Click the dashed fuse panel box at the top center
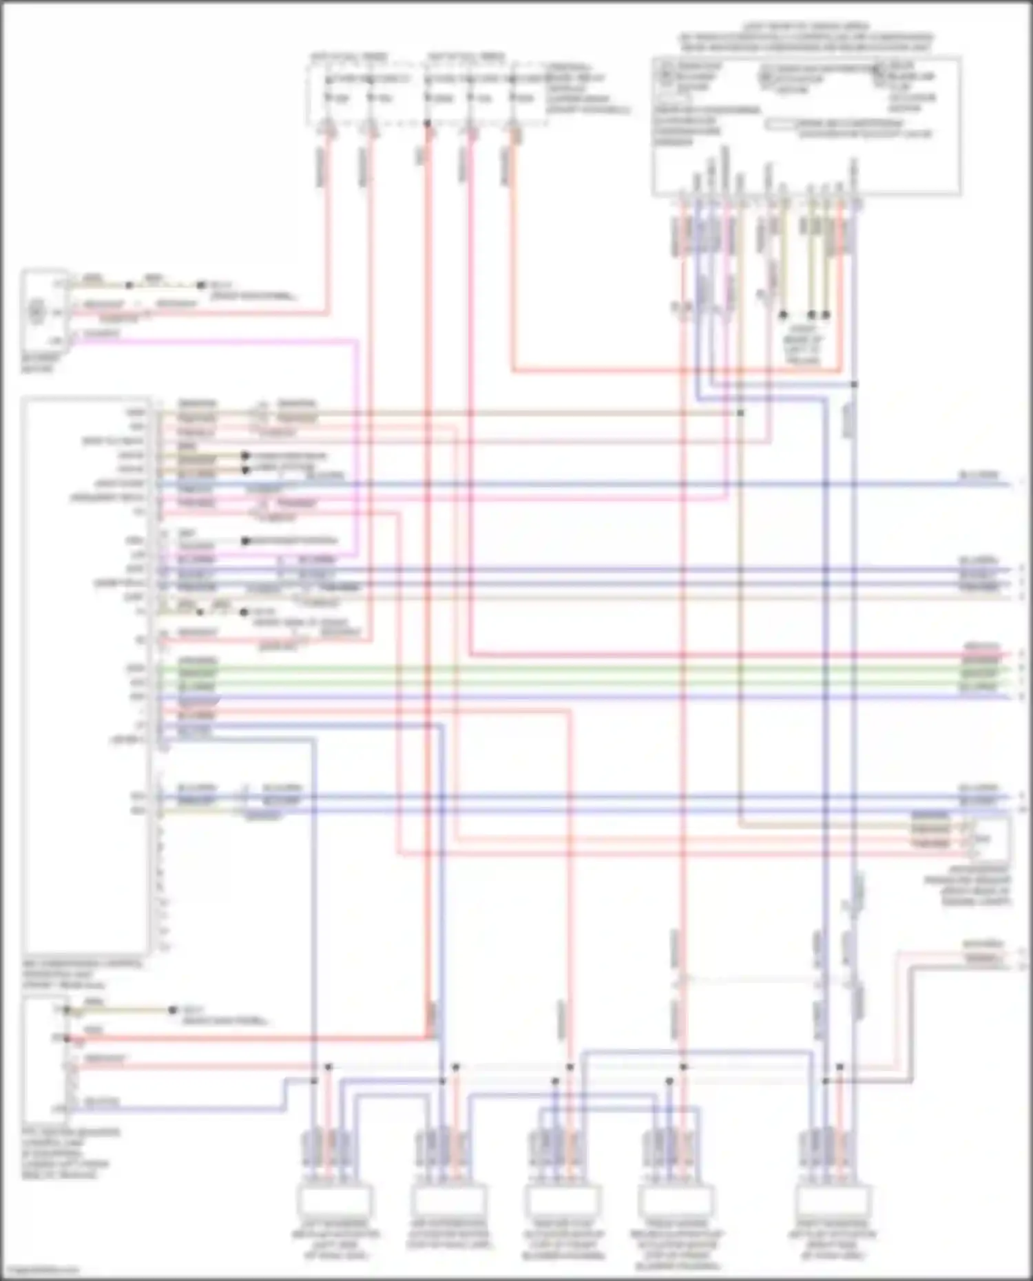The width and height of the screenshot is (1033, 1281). (x=427, y=93)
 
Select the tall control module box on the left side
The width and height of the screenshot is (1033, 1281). (x=86, y=675)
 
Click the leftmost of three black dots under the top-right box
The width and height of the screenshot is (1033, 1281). (x=783, y=315)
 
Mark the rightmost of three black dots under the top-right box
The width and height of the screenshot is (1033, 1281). (x=826, y=315)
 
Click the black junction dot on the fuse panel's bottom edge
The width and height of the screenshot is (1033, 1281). (x=427, y=124)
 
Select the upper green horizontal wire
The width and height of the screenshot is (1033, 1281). (x=585, y=667)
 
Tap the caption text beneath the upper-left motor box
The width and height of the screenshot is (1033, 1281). (x=41, y=363)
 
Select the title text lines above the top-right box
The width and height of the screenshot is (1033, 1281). (x=806, y=38)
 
